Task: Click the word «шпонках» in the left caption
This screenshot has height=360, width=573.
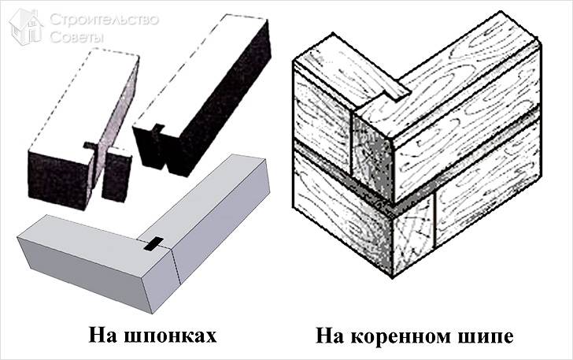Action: point(170,336)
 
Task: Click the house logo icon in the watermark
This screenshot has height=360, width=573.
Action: point(26,27)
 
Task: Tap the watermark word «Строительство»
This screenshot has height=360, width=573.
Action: point(104,20)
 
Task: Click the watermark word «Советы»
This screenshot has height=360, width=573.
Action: point(77,36)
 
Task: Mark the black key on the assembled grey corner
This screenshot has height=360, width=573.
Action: point(153,244)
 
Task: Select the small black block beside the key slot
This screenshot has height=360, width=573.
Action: point(116,175)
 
